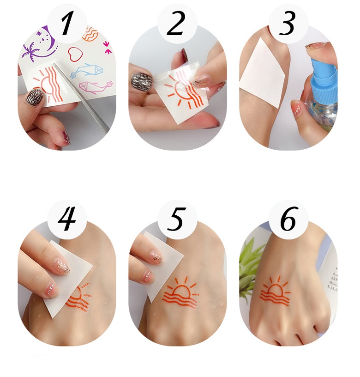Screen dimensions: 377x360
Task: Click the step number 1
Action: [67, 24]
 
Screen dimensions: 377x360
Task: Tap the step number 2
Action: [176, 24]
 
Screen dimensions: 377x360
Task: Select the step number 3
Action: [288, 24]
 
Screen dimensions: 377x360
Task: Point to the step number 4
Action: [67, 219]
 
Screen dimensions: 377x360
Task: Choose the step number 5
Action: [176, 219]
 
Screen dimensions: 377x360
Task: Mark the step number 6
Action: [288, 219]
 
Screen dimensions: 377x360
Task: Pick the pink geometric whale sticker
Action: [95, 86]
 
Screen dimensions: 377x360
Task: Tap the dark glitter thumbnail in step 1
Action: [36, 97]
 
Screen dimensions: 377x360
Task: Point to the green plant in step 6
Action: [249, 268]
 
